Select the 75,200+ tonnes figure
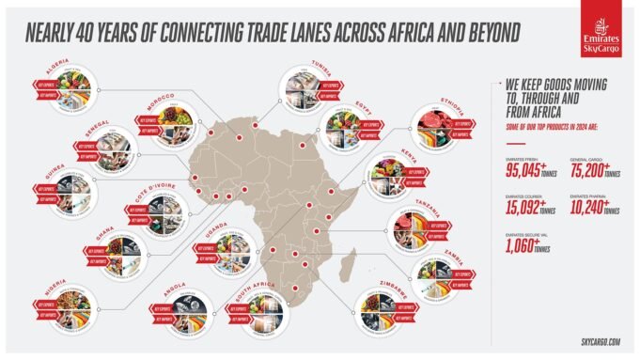point(586,173)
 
